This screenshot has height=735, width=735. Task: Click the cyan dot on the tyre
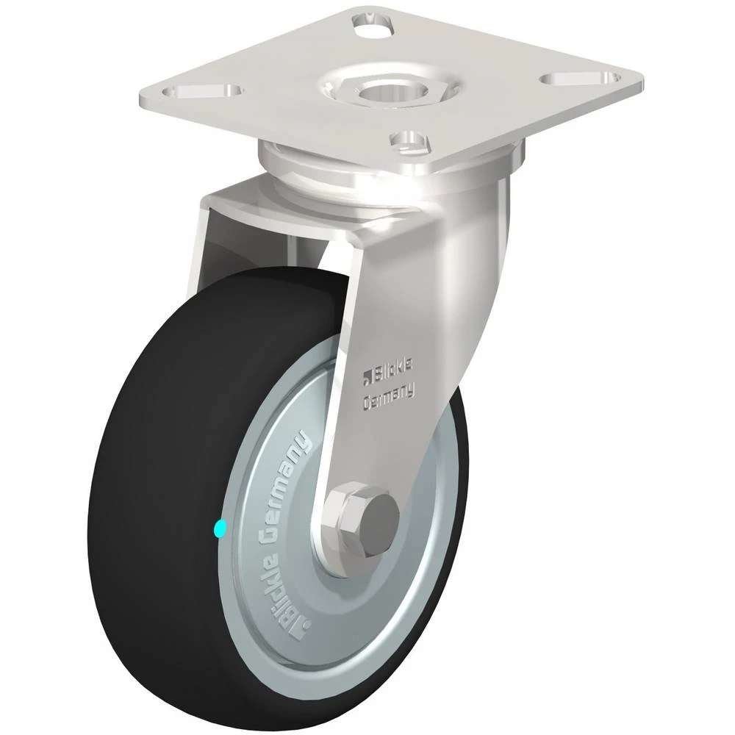[219, 528]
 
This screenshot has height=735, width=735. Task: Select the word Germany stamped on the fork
[389, 394]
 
